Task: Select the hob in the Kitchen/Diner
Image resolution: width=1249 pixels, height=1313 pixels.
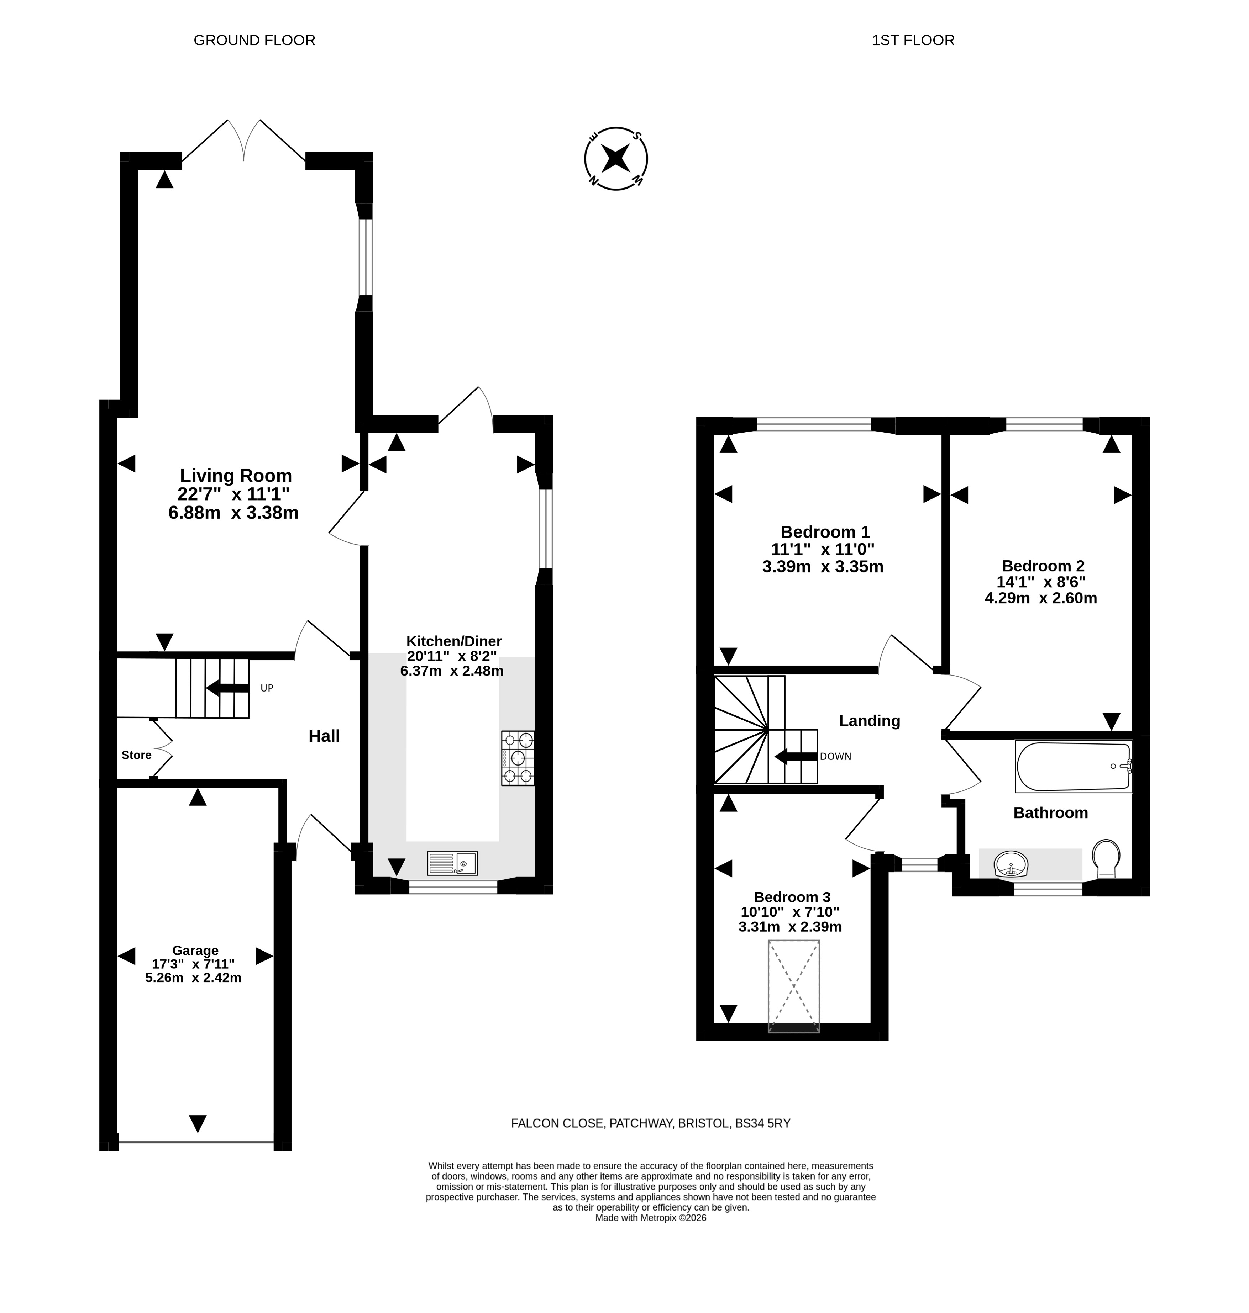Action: tap(518, 758)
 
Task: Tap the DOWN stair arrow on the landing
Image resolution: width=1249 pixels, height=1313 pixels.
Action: tap(796, 756)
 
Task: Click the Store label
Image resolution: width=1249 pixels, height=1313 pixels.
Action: tap(136, 755)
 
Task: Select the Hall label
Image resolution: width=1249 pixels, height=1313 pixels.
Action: tap(324, 736)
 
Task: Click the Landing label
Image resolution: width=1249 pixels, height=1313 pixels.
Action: tap(870, 721)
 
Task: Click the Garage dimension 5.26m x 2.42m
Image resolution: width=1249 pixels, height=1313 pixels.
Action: tap(193, 978)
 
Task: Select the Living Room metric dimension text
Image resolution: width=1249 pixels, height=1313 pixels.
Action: tap(234, 512)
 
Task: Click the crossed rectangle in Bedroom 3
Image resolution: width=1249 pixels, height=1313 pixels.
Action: tap(794, 986)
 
